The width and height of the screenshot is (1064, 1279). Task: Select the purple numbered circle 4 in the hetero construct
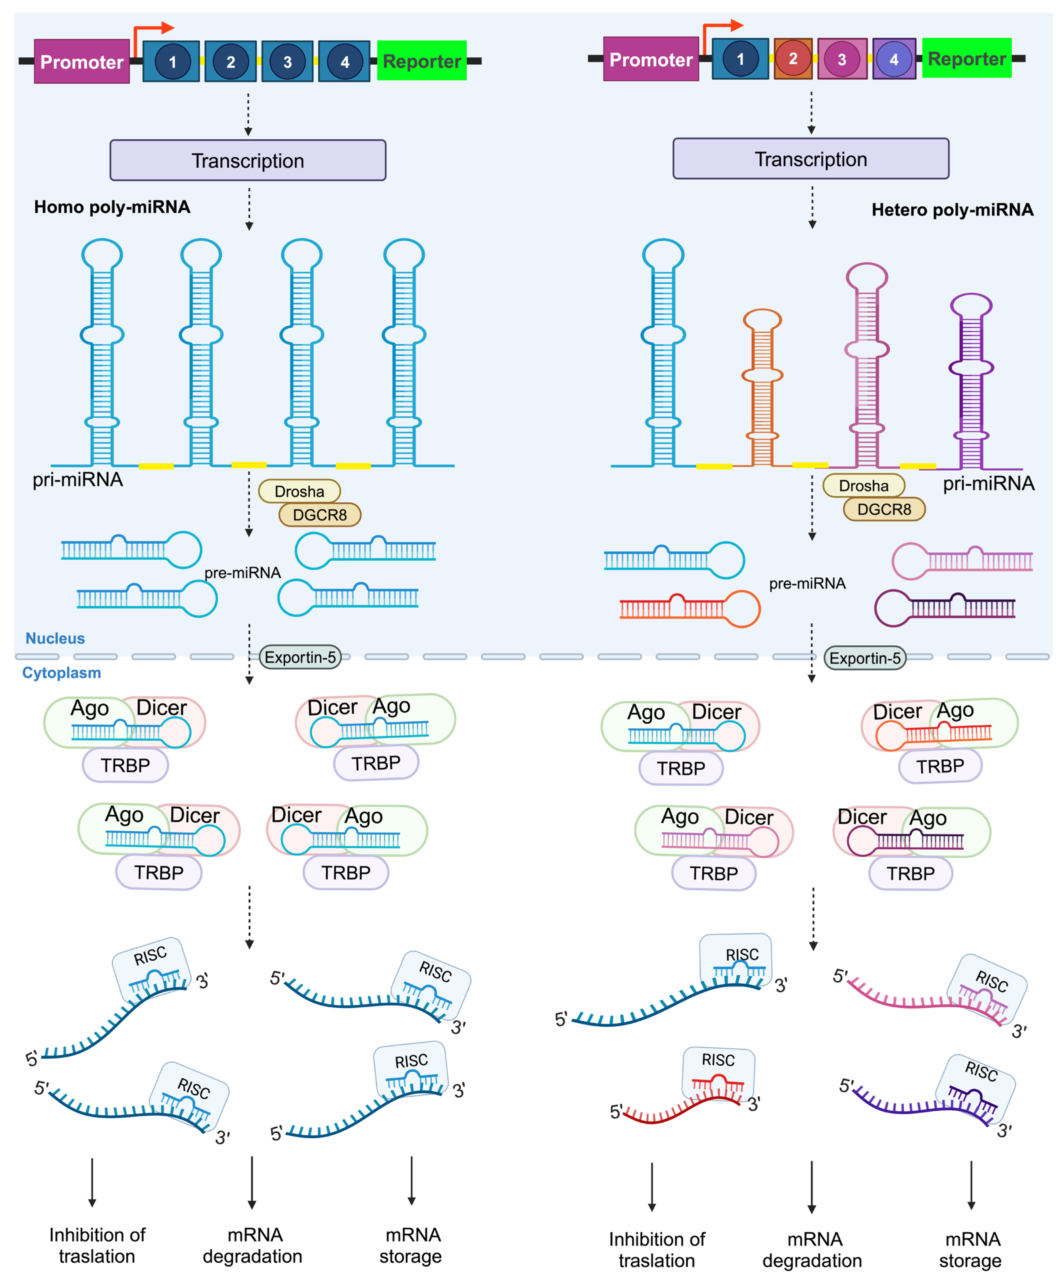click(893, 59)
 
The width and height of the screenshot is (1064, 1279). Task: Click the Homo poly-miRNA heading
click(112, 207)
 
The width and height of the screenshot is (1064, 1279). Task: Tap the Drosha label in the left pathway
click(299, 491)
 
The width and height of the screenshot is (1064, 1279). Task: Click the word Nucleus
click(55, 638)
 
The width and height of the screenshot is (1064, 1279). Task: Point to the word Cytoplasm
click(61, 673)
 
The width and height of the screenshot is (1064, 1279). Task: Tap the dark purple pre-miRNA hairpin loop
click(892, 608)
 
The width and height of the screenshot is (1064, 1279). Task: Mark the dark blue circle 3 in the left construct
click(287, 61)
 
